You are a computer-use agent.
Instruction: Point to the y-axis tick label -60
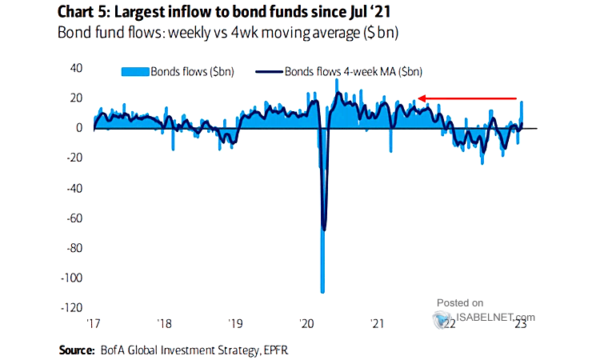coord(77,218)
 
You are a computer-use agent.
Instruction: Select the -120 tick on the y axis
coord(74,307)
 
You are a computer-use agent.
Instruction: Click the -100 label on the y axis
coord(74,278)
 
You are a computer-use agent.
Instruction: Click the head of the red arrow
coord(419,98)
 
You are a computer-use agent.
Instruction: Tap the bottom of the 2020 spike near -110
coord(322,290)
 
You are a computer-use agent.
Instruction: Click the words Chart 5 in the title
coord(85,11)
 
